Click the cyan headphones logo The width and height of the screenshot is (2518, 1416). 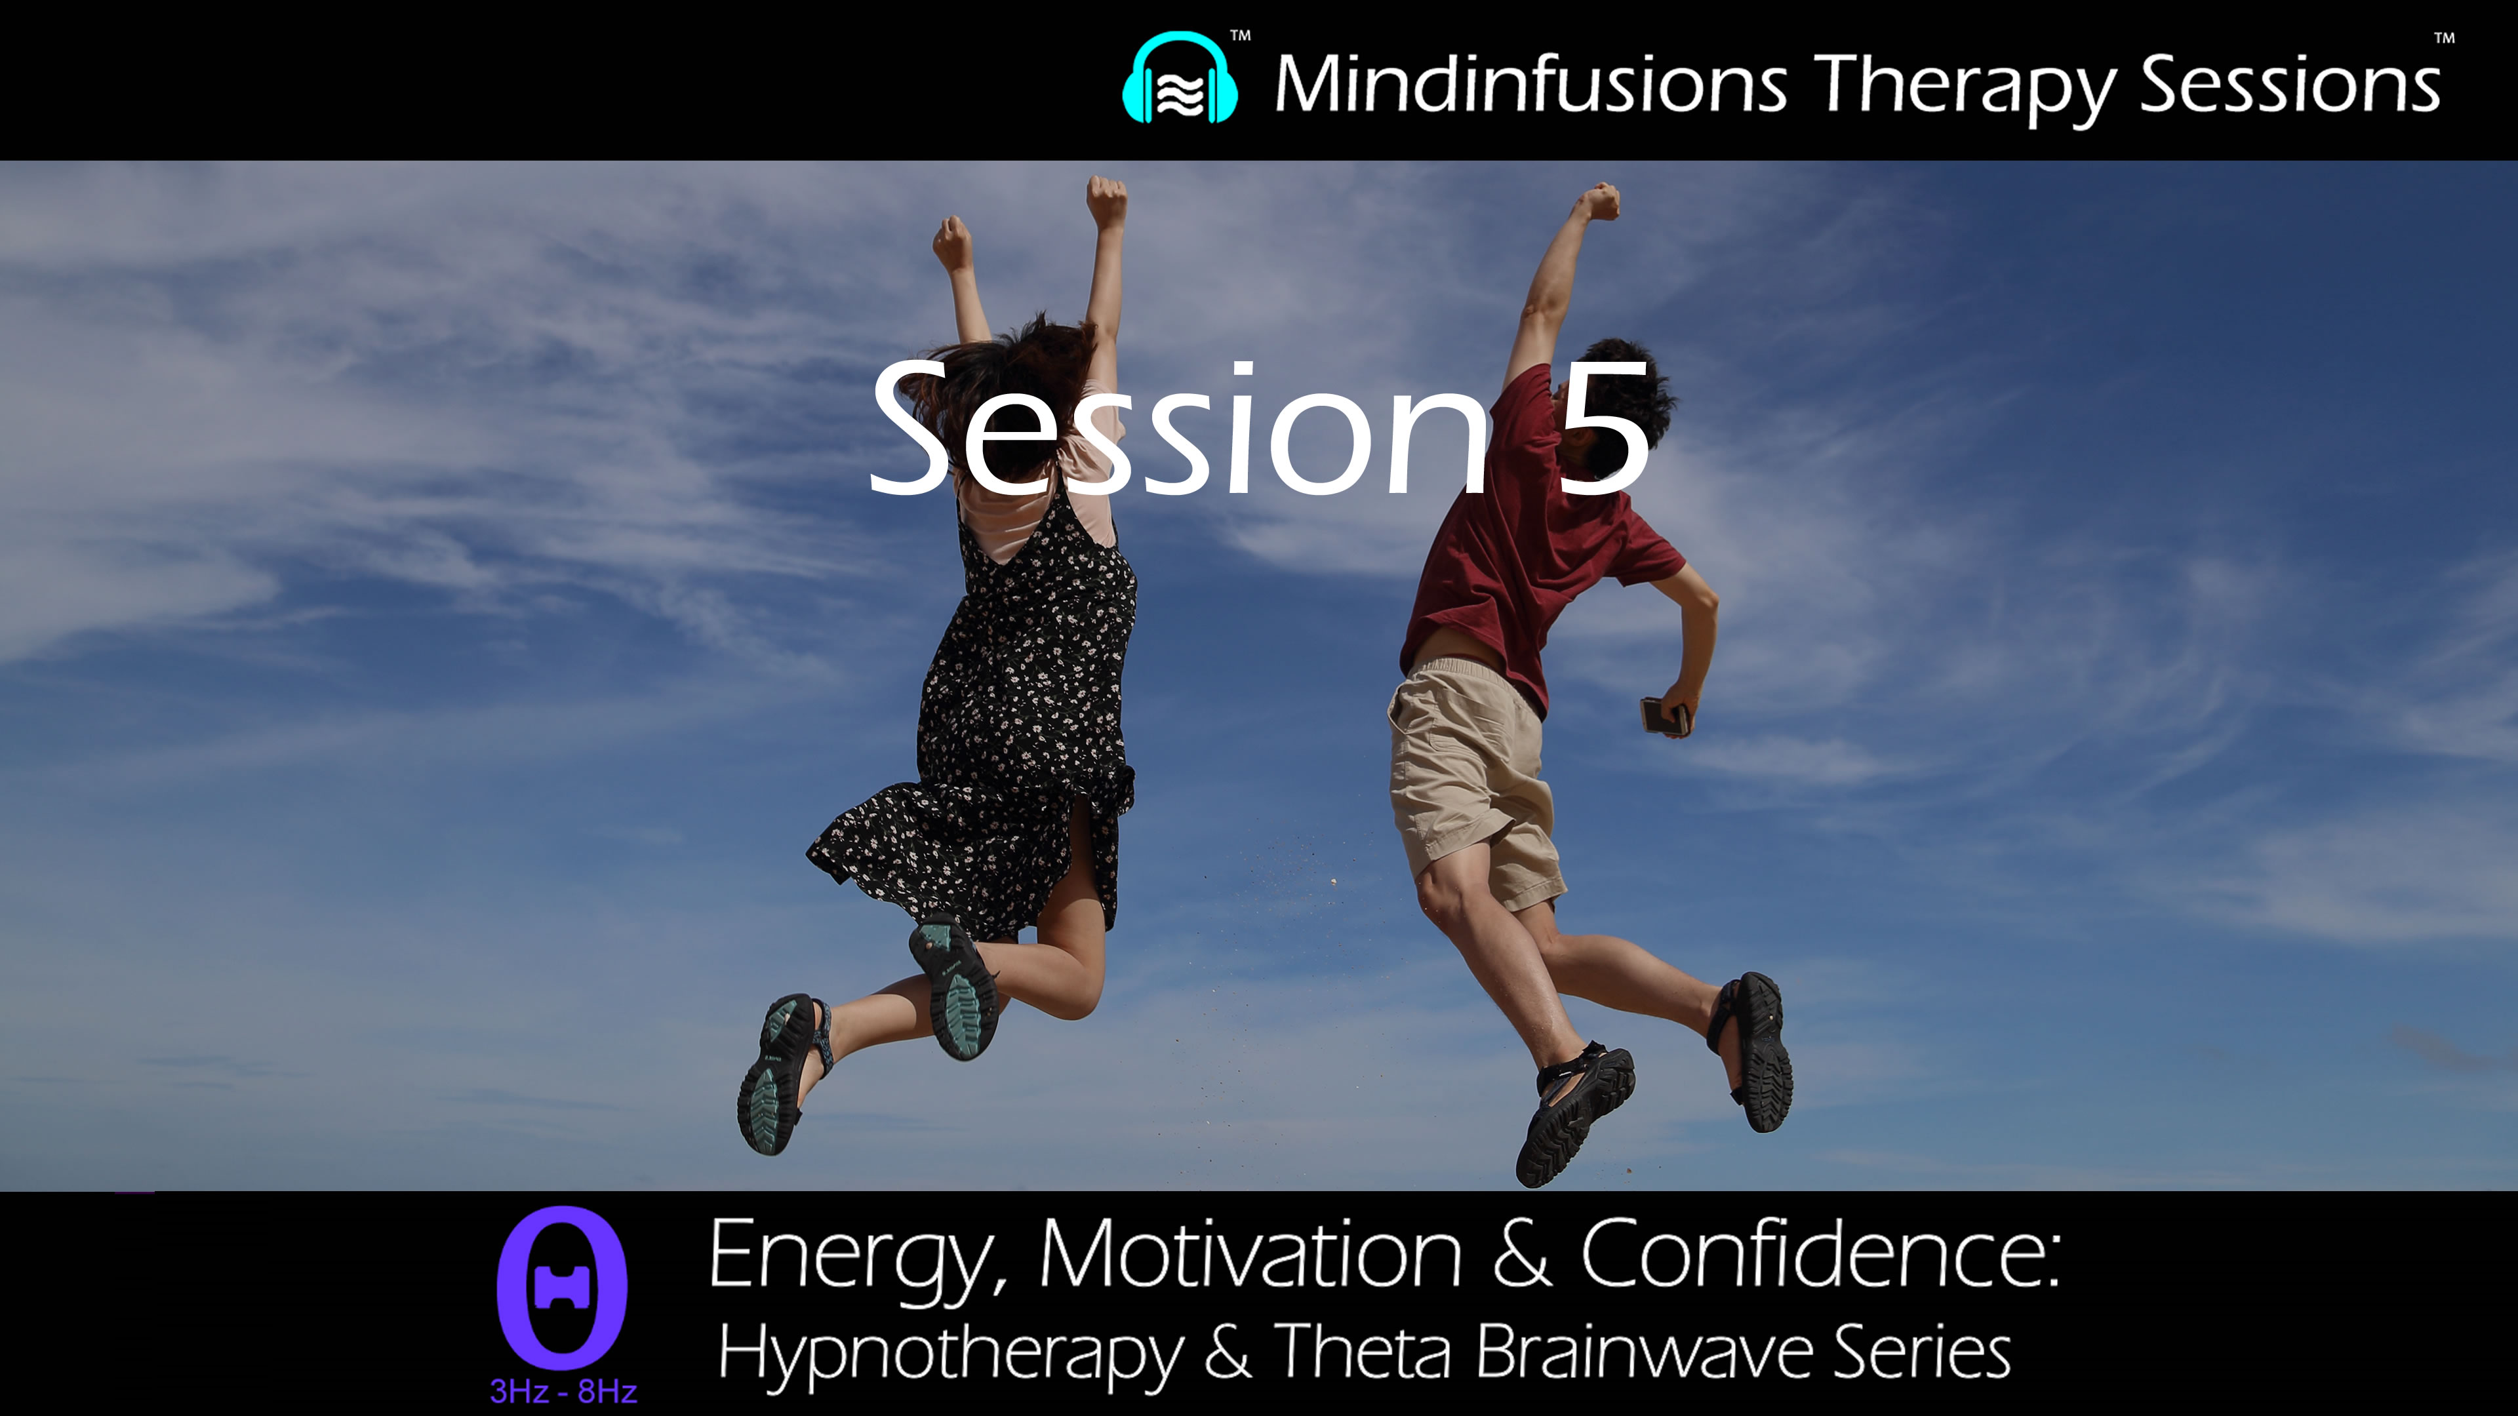(1180, 79)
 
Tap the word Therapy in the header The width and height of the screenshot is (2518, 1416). (1965, 86)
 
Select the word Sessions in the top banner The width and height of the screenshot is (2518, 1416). (2290, 84)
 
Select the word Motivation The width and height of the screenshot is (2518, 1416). (1250, 1254)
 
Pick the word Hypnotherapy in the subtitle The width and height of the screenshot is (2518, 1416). (949, 1354)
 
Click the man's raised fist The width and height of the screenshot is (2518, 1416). (1599, 201)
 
